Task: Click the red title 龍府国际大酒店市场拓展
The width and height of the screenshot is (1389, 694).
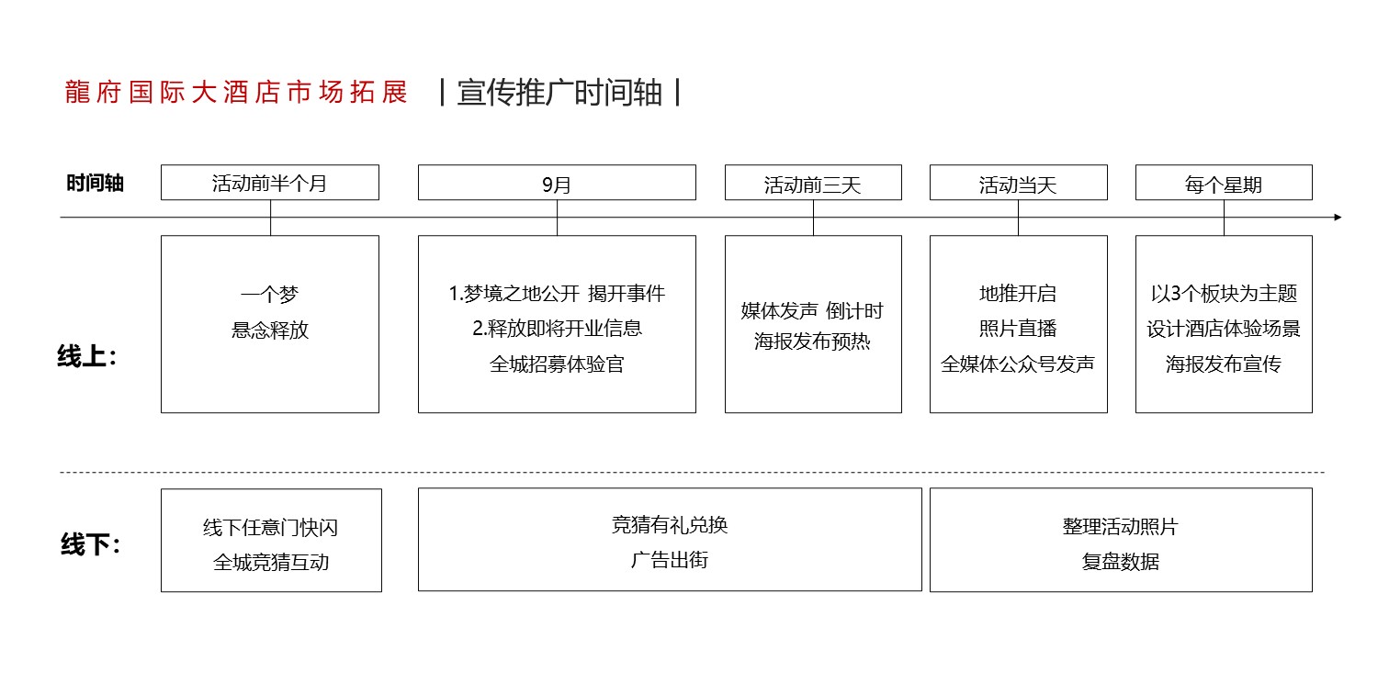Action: pos(236,93)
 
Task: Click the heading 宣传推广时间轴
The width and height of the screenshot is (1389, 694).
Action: pos(559,93)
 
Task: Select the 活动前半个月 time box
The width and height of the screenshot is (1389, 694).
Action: pos(270,182)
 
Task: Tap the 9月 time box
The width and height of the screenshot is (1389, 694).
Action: pos(557,182)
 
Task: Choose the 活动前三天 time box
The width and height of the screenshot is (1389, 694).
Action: pos(813,182)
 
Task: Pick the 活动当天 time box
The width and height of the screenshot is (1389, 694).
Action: pos(1018,182)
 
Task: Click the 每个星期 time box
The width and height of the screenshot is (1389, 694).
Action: pos(1224,182)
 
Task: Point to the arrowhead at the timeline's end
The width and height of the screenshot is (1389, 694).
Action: pos(1338,217)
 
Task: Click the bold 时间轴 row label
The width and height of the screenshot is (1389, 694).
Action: pos(95,184)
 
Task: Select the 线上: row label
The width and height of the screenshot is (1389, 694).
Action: pos(86,357)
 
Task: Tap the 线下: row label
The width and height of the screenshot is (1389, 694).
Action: pos(90,544)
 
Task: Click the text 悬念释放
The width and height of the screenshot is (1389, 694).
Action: pos(270,330)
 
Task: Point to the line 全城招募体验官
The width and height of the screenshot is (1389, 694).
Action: pos(557,364)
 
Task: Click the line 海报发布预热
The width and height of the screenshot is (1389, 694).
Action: pos(812,341)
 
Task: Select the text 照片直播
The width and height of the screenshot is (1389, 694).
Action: pos(1018,328)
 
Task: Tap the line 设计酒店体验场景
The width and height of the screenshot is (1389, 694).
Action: pos(1224,329)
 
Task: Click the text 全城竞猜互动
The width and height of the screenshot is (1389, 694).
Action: pos(271,562)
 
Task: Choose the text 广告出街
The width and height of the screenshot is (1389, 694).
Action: pos(669,560)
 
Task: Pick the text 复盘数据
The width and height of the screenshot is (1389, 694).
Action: pos(1121,562)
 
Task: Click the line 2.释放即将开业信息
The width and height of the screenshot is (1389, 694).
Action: pos(557,328)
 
